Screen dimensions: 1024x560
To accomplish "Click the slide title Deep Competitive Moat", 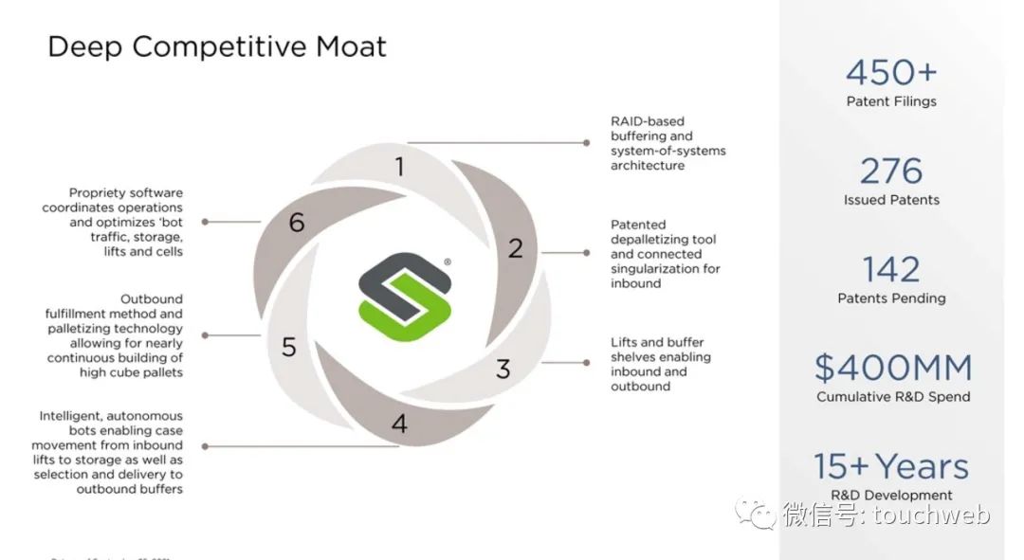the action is [x=217, y=47].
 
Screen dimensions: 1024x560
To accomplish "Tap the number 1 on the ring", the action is [x=399, y=168].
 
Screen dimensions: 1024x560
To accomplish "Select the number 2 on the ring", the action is [x=515, y=249].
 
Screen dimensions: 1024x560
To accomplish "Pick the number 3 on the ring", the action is [x=503, y=370].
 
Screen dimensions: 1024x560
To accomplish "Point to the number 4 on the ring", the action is [x=399, y=424].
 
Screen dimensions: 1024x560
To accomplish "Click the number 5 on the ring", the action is [x=289, y=348].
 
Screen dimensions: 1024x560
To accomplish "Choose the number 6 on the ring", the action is [x=297, y=224].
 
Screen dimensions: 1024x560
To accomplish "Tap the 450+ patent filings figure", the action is [x=891, y=73].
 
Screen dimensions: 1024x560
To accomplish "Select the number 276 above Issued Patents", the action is [x=891, y=172].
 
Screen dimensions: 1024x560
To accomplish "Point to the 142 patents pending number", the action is [x=891, y=270].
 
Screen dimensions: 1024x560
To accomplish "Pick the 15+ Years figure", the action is [x=892, y=467].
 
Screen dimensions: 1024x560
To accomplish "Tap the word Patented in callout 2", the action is [x=638, y=226].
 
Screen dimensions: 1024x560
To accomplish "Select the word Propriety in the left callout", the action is [x=98, y=193].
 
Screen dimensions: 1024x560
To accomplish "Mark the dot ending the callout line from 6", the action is [x=205, y=222].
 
